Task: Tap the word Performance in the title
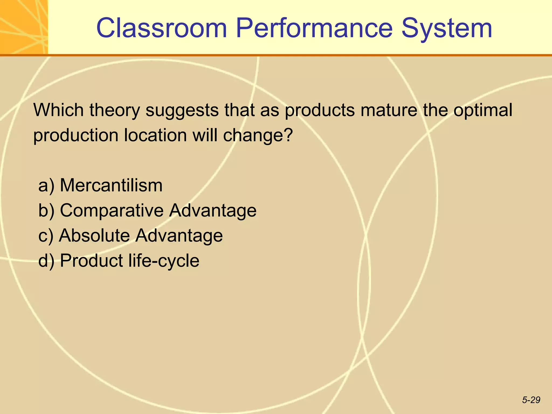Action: (x=314, y=28)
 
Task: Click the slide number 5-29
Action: (x=531, y=400)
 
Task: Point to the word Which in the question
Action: (x=58, y=110)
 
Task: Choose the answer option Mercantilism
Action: (x=111, y=185)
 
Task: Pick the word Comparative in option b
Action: (x=112, y=211)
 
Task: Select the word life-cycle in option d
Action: (x=164, y=261)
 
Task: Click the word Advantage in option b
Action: (x=213, y=211)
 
